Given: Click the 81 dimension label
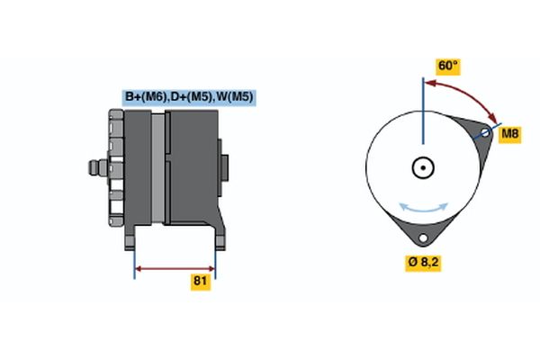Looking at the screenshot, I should pyautogui.click(x=201, y=282).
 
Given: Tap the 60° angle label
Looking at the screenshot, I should pyautogui.click(x=447, y=66).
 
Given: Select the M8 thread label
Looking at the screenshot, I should pyautogui.click(x=510, y=134).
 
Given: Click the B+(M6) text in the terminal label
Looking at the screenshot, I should pyautogui.click(x=143, y=97).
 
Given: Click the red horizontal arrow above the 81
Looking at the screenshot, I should pyautogui.click(x=175, y=268).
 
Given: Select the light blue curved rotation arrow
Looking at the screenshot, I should pyautogui.click(x=423, y=208).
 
